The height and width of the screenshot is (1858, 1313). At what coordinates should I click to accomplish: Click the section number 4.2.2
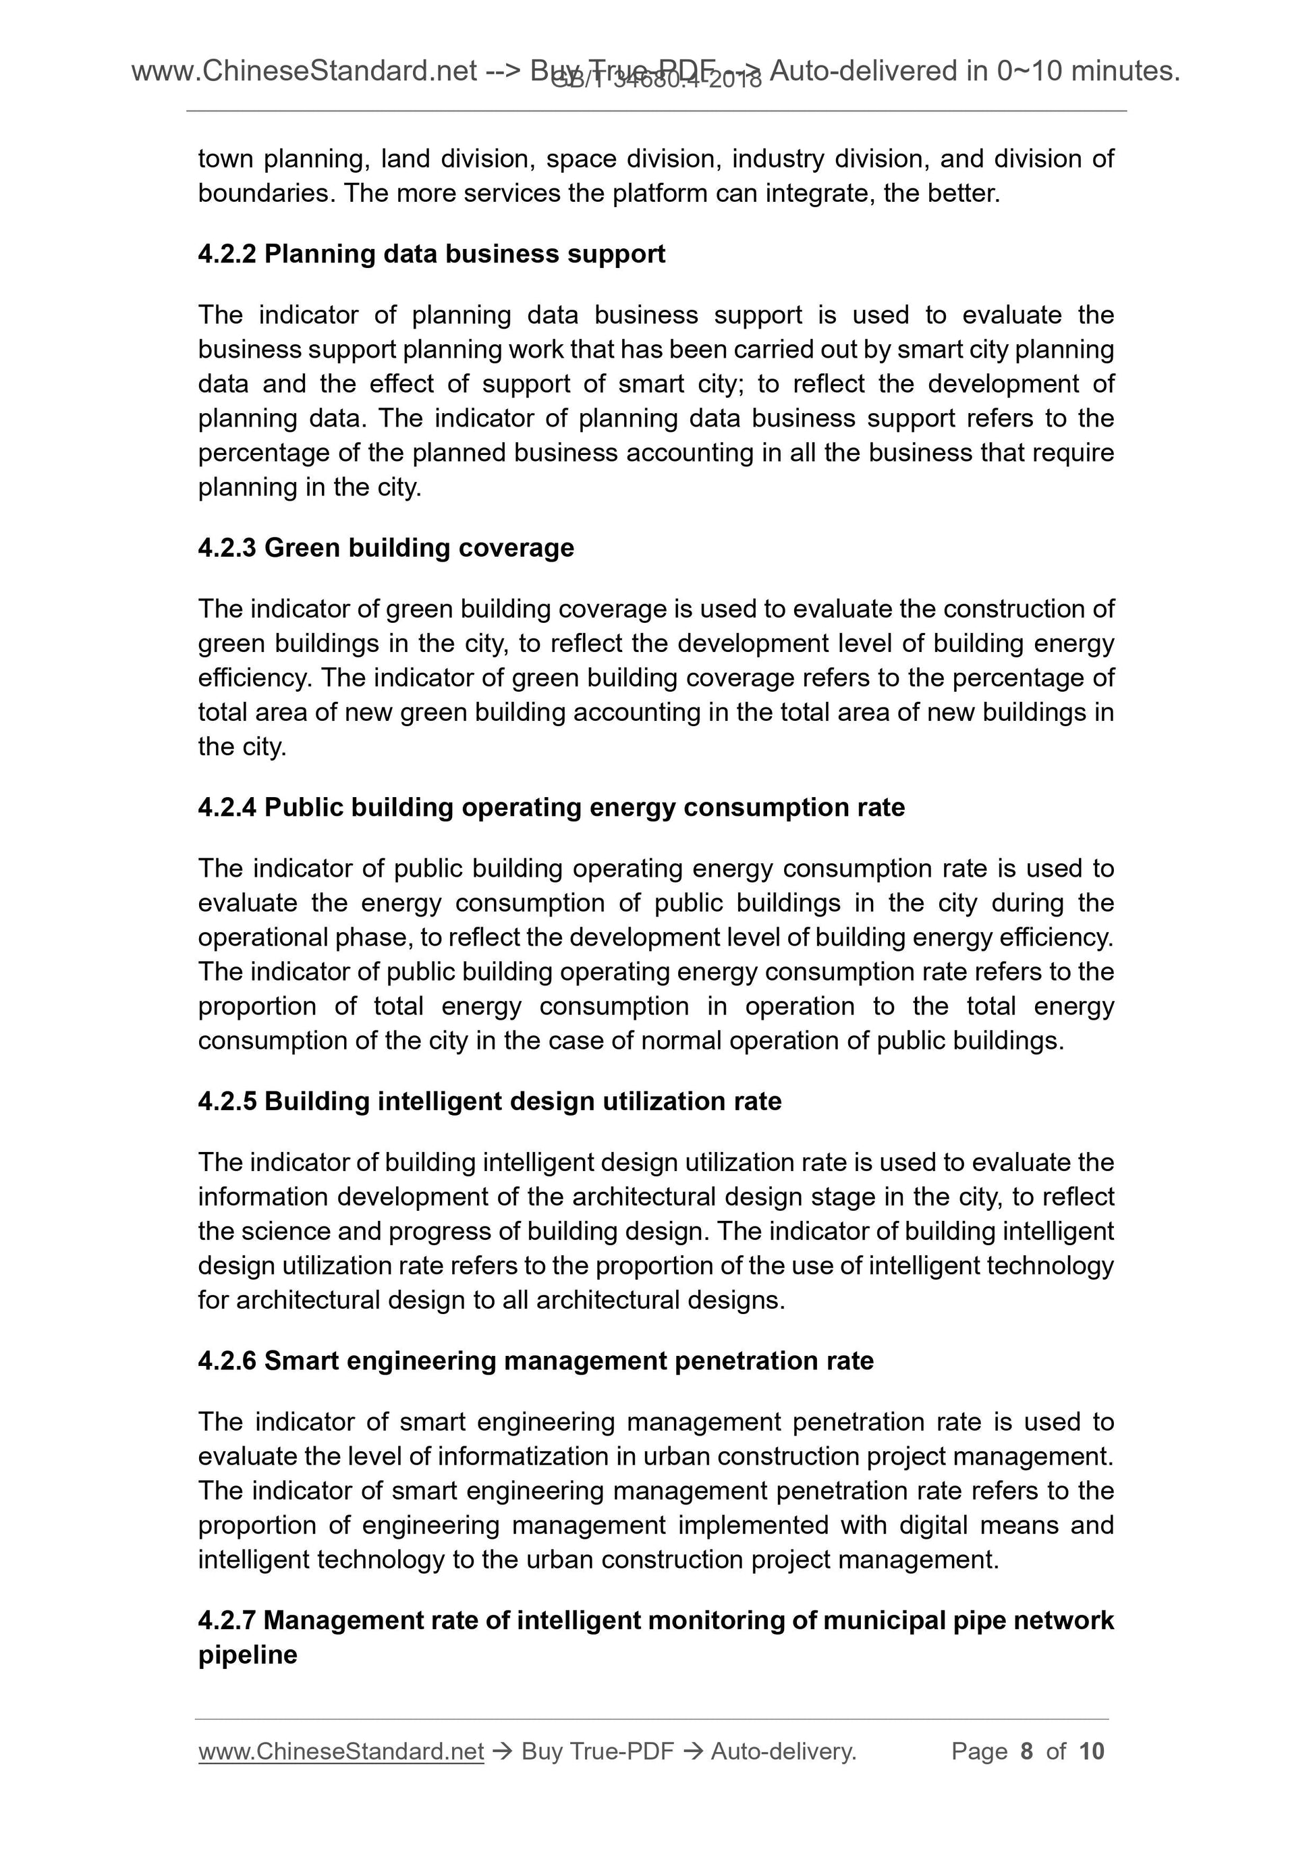click(x=227, y=254)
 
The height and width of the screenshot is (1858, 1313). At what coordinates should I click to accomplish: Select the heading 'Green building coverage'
click(x=419, y=548)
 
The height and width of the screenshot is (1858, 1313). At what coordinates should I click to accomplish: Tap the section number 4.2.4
click(x=227, y=808)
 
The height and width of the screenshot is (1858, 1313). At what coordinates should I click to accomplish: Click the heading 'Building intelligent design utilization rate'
click(x=523, y=1101)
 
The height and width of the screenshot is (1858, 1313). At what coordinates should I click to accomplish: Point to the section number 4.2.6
click(x=227, y=1361)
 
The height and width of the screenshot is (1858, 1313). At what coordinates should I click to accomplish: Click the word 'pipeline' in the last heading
click(x=248, y=1655)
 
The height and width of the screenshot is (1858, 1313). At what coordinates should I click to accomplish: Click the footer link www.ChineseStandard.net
click(x=341, y=1752)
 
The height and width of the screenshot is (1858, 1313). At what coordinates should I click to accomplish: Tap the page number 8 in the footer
click(x=1027, y=1752)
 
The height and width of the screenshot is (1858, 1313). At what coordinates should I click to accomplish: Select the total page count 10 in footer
click(x=1091, y=1752)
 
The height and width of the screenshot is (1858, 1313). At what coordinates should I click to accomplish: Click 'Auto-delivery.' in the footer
click(x=783, y=1752)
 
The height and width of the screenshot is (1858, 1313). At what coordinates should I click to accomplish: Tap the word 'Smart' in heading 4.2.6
click(x=300, y=1361)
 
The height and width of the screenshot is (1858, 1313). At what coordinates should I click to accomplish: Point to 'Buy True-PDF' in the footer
click(x=597, y=1752)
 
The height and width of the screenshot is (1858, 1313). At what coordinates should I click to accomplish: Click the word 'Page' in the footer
click(x=979, y=1752)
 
